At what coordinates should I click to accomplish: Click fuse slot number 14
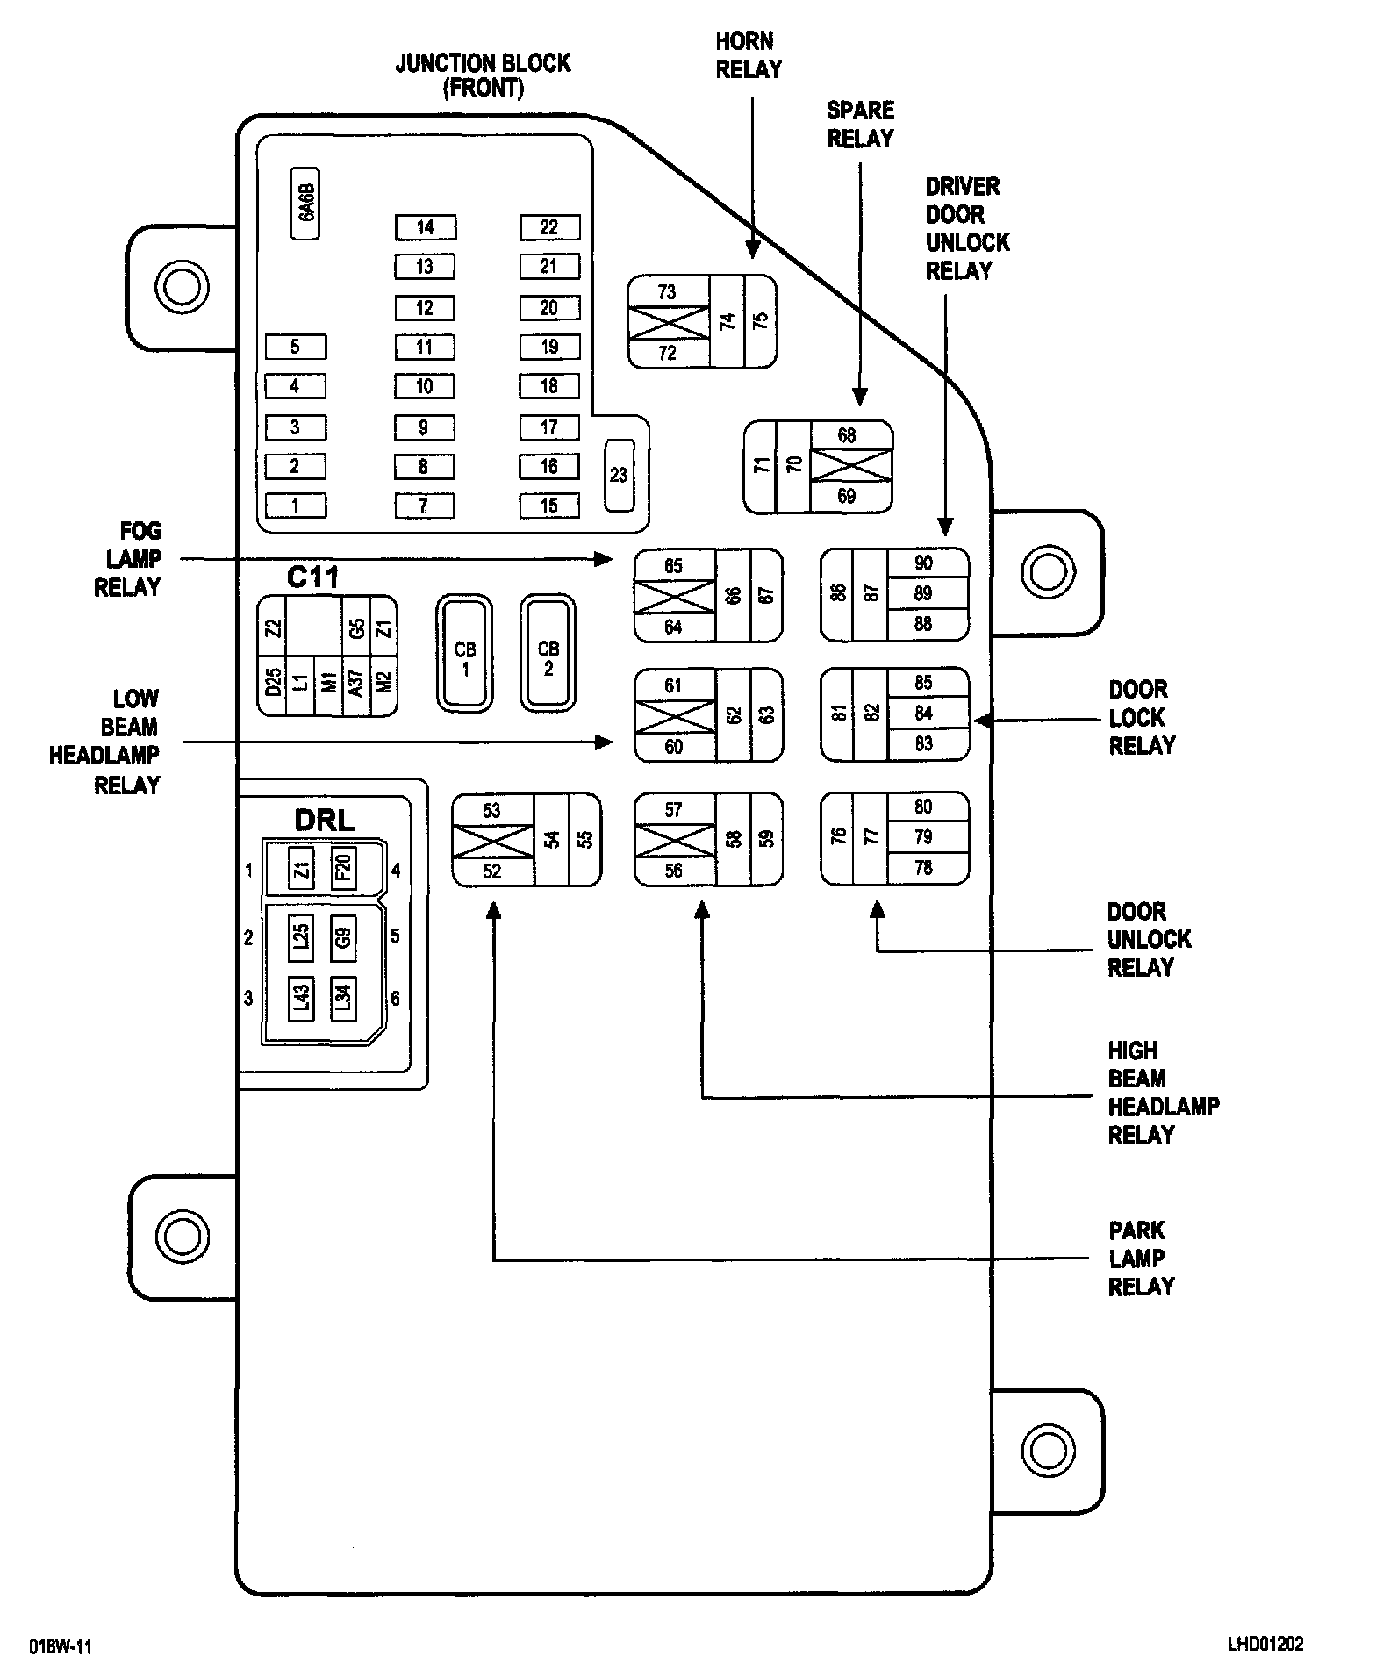[x=425, y=227]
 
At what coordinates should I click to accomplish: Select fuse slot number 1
[x=295, y=506]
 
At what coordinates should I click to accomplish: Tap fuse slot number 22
[x=549, y=227]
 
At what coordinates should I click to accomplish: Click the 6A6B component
[x=305, y=204]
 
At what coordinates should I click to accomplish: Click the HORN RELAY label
[x=748, y=54]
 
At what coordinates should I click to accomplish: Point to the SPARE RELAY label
[x=860, y=124]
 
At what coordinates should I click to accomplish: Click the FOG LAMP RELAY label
[x=130, y=559]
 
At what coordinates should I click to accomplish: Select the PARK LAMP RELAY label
[x=1140, y=1258]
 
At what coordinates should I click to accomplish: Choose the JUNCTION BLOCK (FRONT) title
[x=483, y=75]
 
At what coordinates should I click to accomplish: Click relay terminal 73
[x=667, y=291]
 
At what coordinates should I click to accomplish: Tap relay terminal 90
[x=923, y=563]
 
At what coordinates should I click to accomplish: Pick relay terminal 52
[x=491, y=871]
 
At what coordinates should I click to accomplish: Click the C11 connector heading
[x=313, y=577]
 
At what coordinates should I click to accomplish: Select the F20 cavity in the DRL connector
[x=343, y=869]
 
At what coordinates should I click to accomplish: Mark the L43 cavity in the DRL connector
[x=301, y=998]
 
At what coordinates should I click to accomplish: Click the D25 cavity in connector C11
[x=274, y=680]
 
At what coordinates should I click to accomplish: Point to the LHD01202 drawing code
[x=1265, y=1644]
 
